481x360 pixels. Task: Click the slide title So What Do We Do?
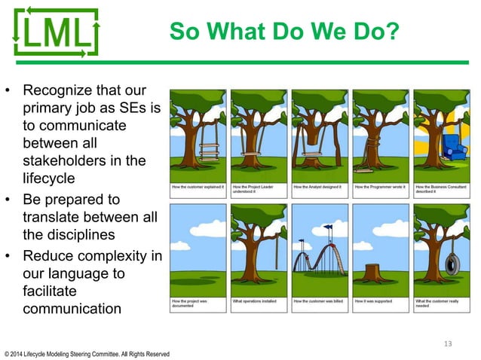coord(283,32)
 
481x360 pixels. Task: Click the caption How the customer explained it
coord(198,186)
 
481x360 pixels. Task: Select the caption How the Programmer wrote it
coord(379,186)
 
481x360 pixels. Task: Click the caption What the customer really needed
coord(437,304)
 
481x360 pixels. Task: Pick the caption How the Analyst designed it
coord(318,186)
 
